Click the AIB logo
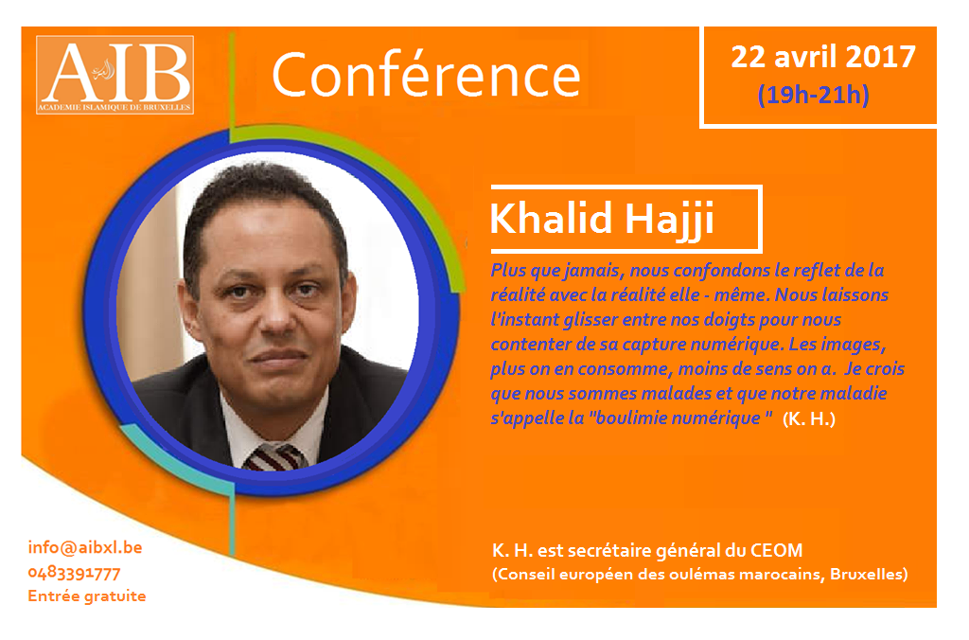(x=115, y=75)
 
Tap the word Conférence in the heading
(x=427, y=75)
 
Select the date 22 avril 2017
(x=823, y=57)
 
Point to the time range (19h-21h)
(x=813, y=95)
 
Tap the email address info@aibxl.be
(x=85, y=547)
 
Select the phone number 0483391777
(x=74, y=573)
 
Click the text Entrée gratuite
(x=87, y=596)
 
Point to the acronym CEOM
(x=776, y=550)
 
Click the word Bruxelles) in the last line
(x=869, y=575)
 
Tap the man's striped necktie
(x=275, y=457)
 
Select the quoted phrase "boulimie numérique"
(x=680, y=418)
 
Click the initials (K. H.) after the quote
(x=809, y=419)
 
